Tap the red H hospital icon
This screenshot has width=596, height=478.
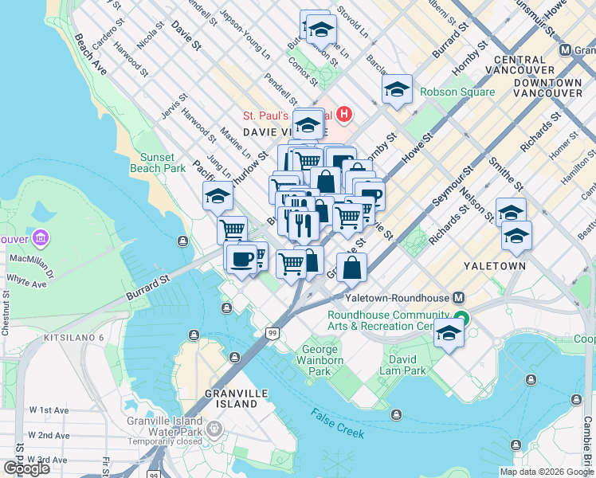(x=345, y=115)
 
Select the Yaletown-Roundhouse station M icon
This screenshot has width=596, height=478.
(x=459, y=297)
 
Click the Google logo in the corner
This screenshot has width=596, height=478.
(x=26, y=468)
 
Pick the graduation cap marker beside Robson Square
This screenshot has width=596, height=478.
(x=396, y=89)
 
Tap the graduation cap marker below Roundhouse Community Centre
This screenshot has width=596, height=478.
(x=449, y=334)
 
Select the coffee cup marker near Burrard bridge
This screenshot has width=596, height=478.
(x=241, y=257)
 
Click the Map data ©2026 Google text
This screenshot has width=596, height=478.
(x=547, y=471)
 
